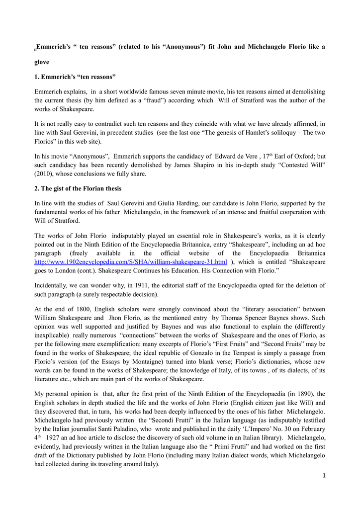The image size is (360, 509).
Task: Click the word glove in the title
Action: [42, 63]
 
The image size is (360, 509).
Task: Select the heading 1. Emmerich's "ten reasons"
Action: [75, 77]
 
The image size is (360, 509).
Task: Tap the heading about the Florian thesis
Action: [78, 188]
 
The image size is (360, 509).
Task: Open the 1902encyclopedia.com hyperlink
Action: [131, 261]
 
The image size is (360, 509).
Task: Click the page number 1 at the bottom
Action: [324, 476]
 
